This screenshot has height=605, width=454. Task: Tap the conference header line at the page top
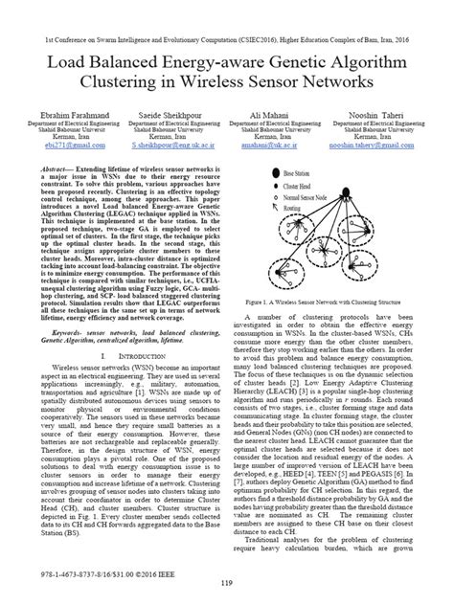coord(227,16)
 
